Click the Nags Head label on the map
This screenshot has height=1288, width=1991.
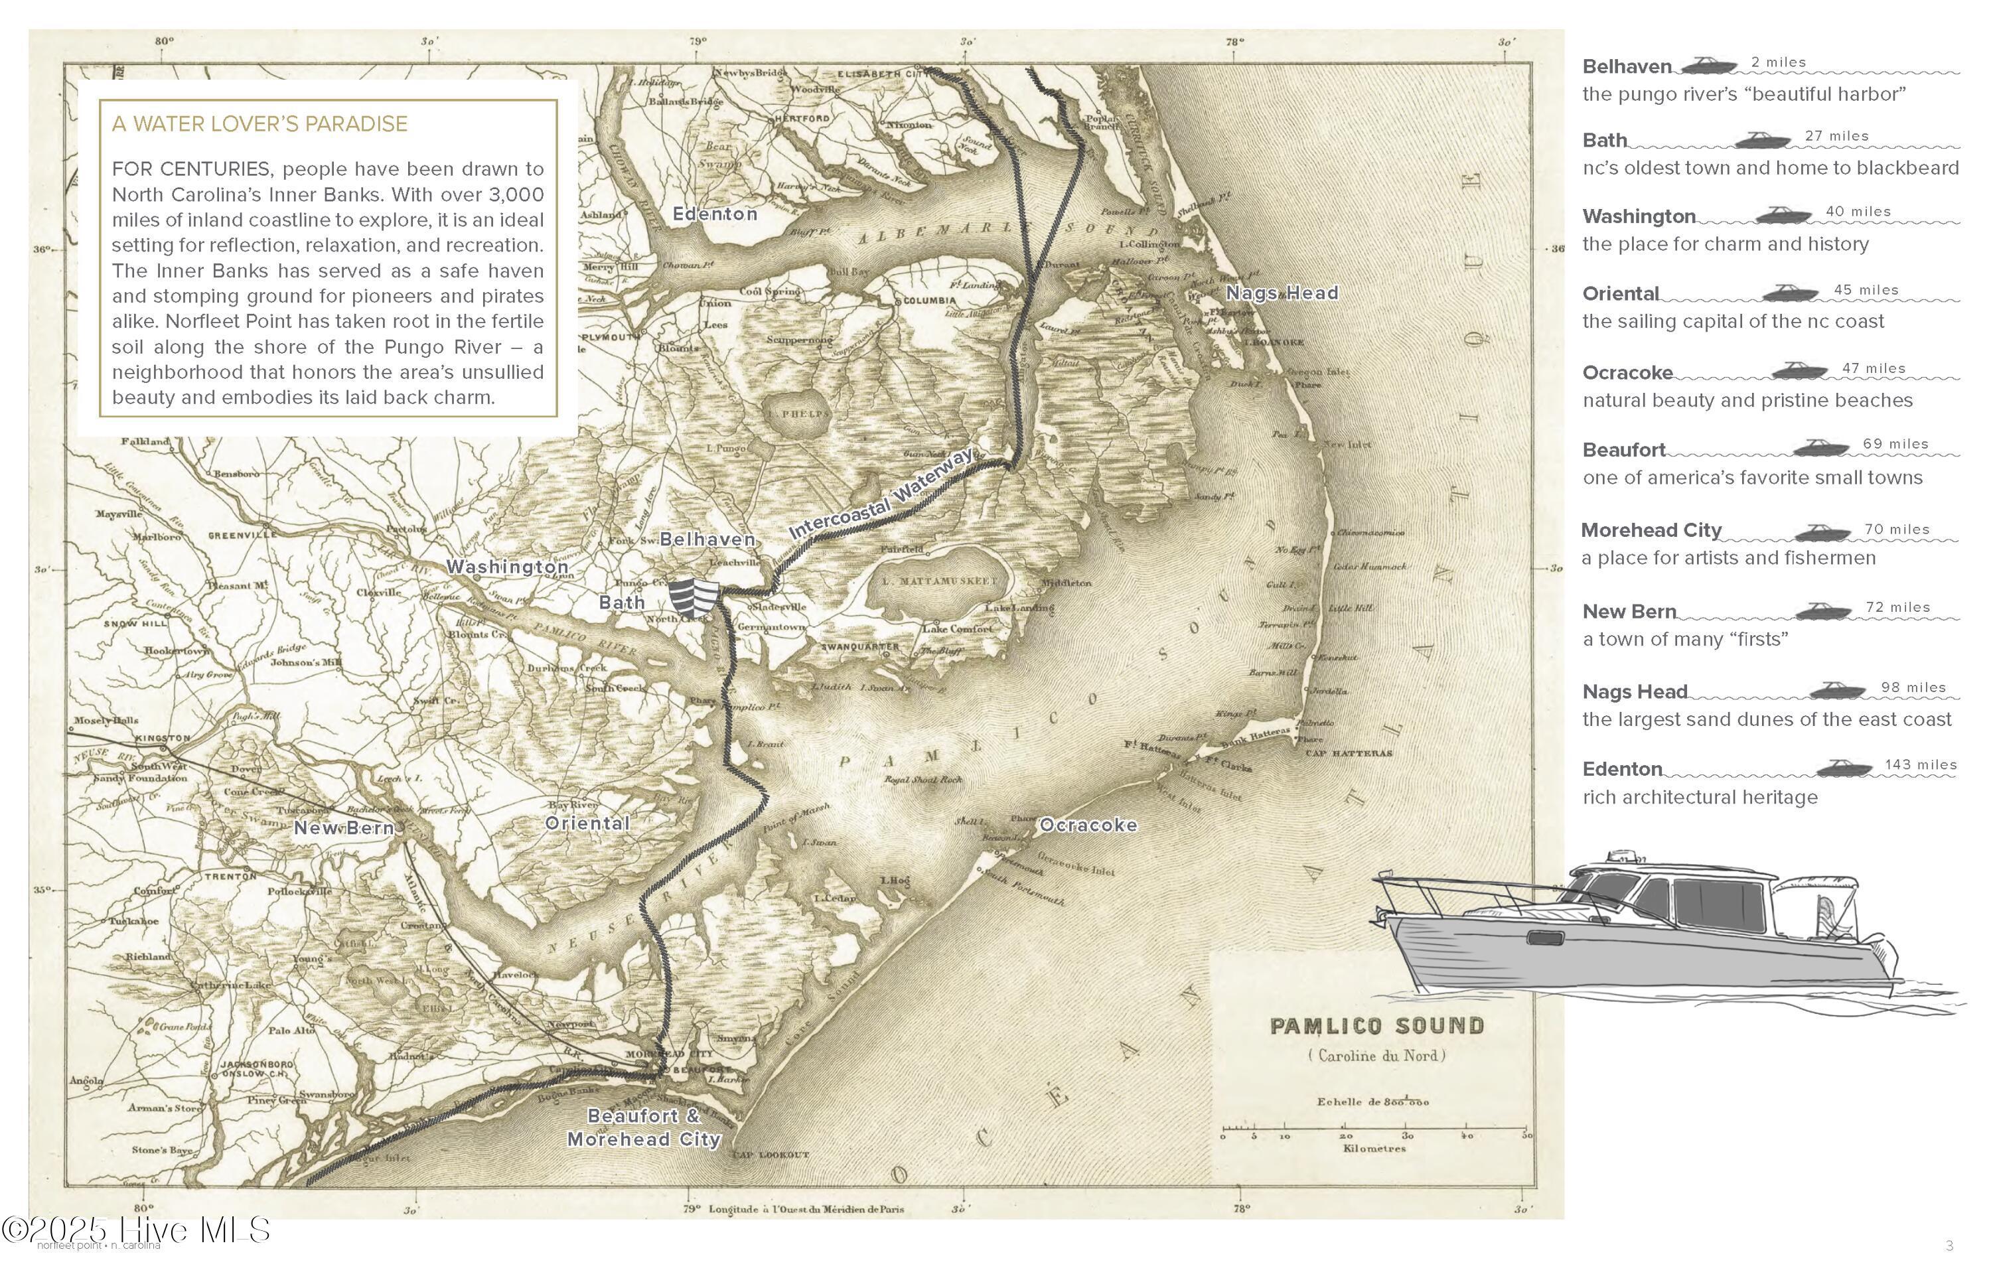coord(1282,293)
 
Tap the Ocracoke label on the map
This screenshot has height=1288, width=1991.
coord(1088,825)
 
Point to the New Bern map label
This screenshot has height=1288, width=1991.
coord(343,828)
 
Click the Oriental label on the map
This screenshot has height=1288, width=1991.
coord(587,823)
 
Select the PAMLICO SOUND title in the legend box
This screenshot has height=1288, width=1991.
coord(1377,1025)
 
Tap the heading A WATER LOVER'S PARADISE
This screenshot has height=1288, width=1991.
coord(259,124)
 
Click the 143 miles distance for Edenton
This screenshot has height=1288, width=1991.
coord(1921,764)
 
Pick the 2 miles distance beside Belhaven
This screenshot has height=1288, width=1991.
coord(1779,63)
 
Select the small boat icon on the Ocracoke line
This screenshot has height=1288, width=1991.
coord(1799,370)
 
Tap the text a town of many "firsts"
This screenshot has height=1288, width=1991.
coord(1685,639)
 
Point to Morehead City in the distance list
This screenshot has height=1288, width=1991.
coord(1651,530)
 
